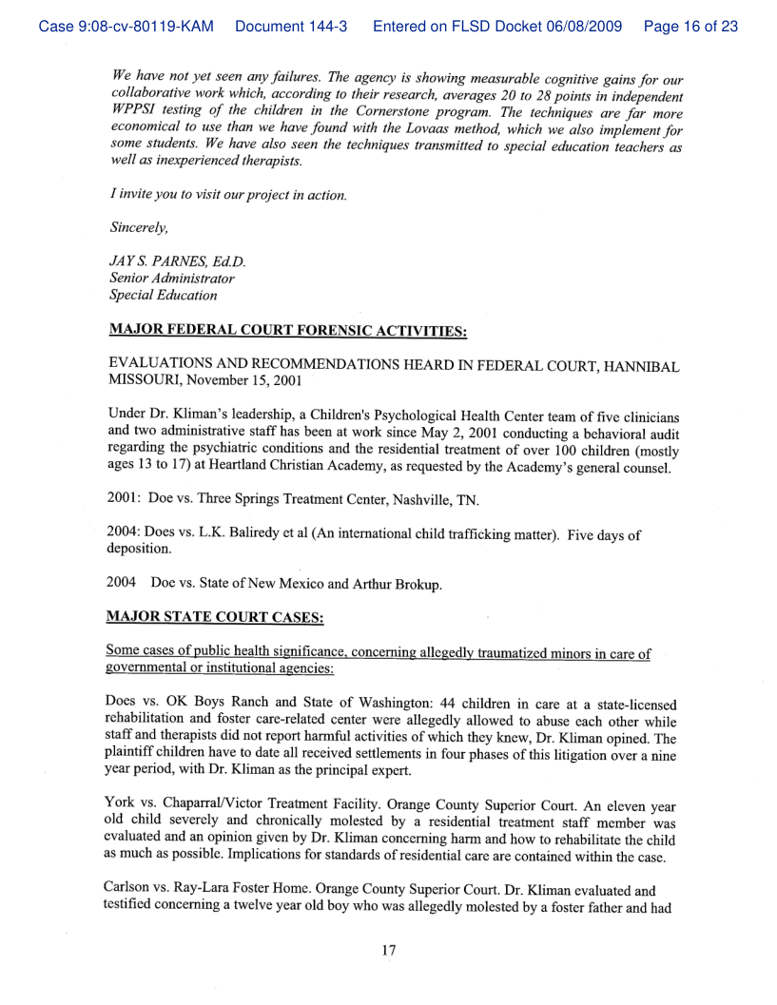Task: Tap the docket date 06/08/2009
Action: [578, 27]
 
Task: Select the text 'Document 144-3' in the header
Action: [290, 27]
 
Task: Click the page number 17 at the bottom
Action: [388, 949]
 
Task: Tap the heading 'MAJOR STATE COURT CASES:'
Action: [217, 617]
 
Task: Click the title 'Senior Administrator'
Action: [172, 279]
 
